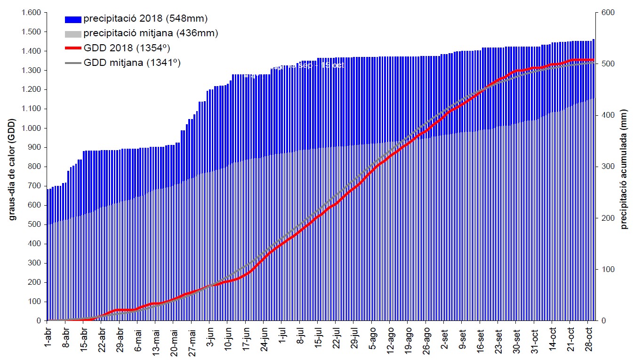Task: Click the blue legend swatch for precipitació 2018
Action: pyautogui.click(x=73, y=19)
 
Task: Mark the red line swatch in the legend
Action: pyautogui.click(x=73, y=48)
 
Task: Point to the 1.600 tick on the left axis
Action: pyautogui.click(x=31, y=13)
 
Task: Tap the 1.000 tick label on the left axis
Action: pyautogui.click(x=31, y=128)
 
